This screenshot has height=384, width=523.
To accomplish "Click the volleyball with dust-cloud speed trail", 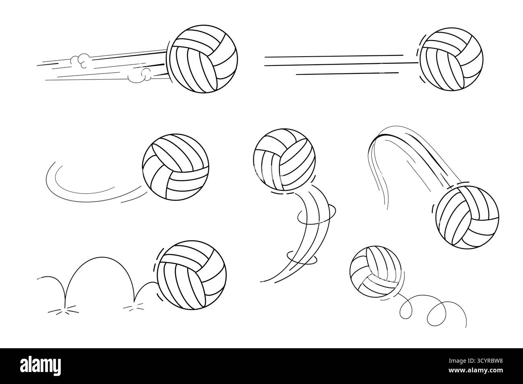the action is click(x=203, y=59).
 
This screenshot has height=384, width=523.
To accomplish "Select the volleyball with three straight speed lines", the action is click(x=451, y=59).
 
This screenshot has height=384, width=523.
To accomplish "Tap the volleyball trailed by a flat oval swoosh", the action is click(x=175, y=167).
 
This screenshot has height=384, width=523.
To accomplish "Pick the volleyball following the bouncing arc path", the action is click(x=191, y=275).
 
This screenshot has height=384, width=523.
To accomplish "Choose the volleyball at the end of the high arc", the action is click(x=467, y=217).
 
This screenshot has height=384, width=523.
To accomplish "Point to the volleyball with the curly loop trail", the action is click(x=375, y=272).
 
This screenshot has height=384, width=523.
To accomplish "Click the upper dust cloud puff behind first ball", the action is click(x=79, y=60).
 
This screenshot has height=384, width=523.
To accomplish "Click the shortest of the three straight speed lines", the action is click(x=348, y=74).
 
